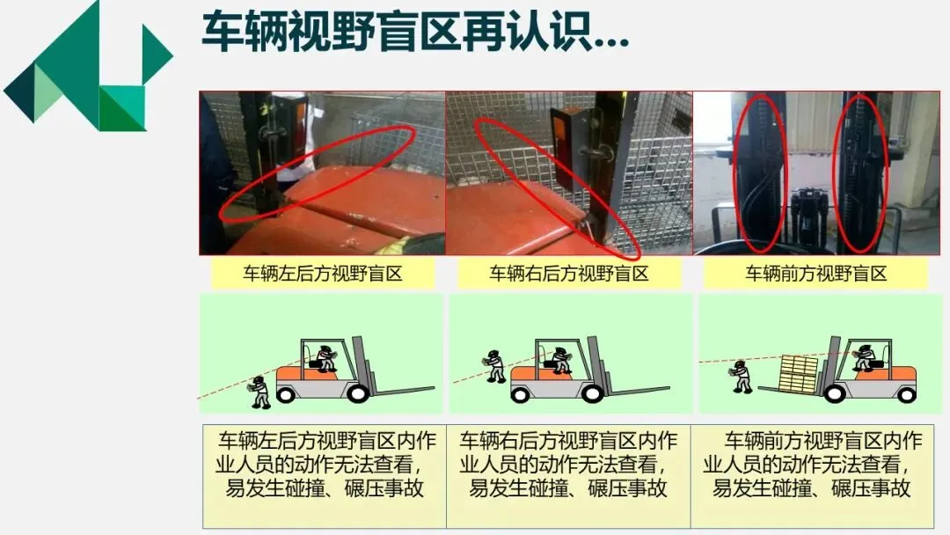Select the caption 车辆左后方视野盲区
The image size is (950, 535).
pyautogui.click(x=323, y=274)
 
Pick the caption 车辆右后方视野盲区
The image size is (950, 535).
pyautogui.click(x=569, y=274)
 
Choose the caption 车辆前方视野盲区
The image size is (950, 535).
pyautogui.click(x=815, y=274)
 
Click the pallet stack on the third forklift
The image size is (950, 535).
pyautogui.click(x=799, y=373)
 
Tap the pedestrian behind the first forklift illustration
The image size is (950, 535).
pyautogui.click(x=260, y=392)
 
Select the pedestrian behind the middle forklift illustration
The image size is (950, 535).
pyautogui.click(x=495, y=366)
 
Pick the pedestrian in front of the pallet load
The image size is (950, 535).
pyautogui.click(x=741, y=377)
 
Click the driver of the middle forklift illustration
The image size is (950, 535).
pyautogui.click(x=559, y=359)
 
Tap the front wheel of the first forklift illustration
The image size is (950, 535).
pyautogui.click(x=357, y=393)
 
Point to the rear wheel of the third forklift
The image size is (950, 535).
pyautogui.click(x=906, y=394)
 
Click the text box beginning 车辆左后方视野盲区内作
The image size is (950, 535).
pyautogui.click(x=324, y=476)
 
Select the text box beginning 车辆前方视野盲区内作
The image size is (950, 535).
pyautogui.click(x=813, y=476)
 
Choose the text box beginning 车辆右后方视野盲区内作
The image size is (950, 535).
pyautogui.click(x=568, y=476)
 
